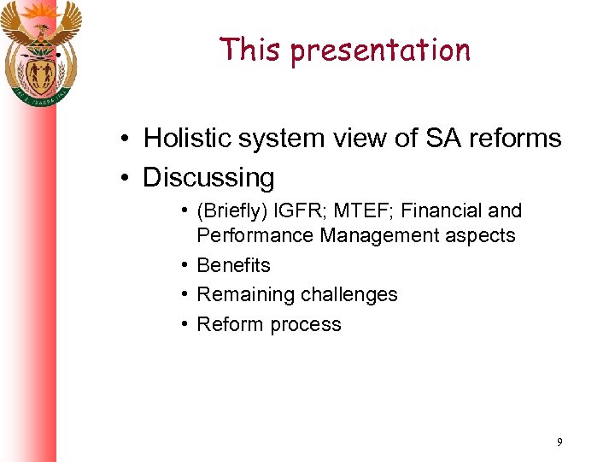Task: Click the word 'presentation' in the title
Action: click(x=380, y=51)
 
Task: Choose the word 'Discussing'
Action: click(x=209, y=178)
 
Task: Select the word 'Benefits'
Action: click(x=233, y=265)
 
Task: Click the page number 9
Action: click(x=559, y=442)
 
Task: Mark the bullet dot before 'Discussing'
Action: click(x=125, y=178)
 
